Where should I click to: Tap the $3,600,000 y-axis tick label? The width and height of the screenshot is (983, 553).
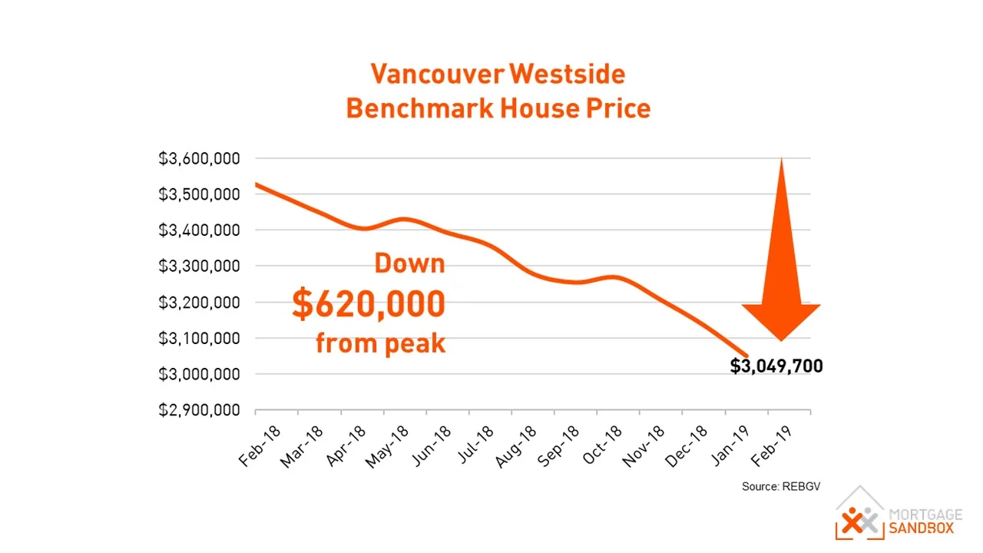pos(199,159)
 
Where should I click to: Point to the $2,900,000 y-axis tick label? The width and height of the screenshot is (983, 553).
pos(199,410)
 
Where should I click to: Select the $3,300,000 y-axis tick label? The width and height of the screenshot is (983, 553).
pos(199,267)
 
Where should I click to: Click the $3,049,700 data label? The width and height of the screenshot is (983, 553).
pos(776,366)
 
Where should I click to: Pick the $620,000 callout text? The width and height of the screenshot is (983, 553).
pos(369,304)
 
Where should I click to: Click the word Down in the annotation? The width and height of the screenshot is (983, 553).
pos(409,264)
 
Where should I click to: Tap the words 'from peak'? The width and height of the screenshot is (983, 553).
pos(380,343)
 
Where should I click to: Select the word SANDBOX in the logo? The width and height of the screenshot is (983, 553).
pos(921,528)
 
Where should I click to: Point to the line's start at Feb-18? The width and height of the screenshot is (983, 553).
pos(256,184)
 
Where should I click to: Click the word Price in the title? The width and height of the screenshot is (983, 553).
pos(617,108)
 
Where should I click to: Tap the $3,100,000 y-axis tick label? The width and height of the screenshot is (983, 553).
pos(199,338)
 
